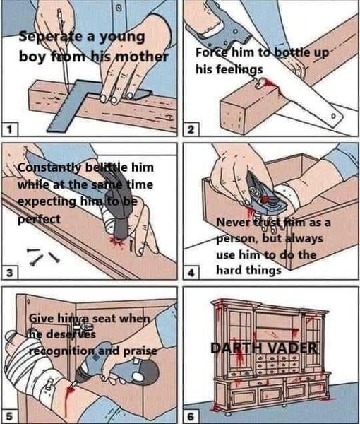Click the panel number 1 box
[10, 129]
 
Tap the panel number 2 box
[191, 129]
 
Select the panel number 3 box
[10, 273]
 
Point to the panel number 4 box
[191, 273]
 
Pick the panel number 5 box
[10, 416]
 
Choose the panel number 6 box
[191, 416]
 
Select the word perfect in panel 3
[39, 219]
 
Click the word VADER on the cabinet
[291, 348]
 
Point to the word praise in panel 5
[140, 351]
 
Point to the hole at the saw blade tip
[333, 116]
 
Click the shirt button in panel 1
[118, 8]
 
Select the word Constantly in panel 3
[49, 167]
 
